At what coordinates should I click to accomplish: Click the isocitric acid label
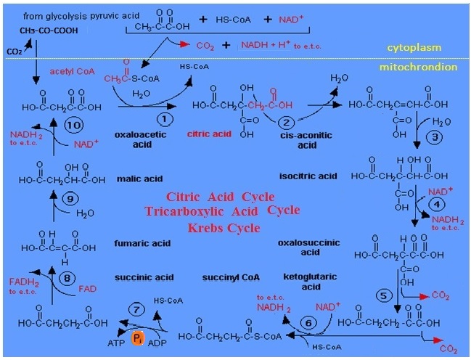(x=308, y=176)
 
